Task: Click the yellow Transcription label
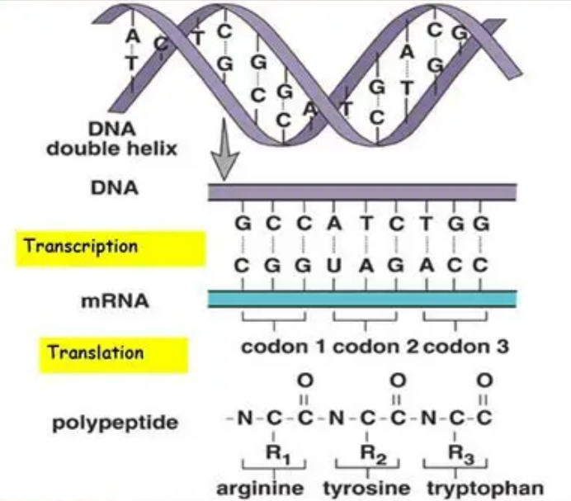tap(110, 247)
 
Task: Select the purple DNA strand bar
tap(362, 192)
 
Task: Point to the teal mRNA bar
tap(362, 298)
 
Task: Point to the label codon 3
tap(466, 347)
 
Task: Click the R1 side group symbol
tap(273, 452)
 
